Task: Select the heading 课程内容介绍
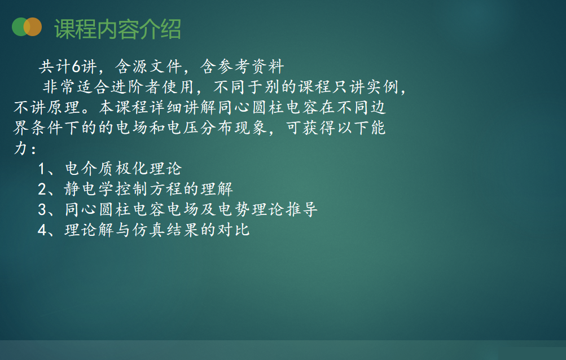[x=118, y=29]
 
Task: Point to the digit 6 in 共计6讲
[x=76, y=67]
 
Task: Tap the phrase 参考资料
[x=242, y=67]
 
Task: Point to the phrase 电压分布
[x=200, y=128]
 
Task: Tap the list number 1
[x=42, y=169]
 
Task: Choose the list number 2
[x=42, y=189]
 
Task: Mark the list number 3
[x=42, y=210]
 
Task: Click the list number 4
[x=42, y=230]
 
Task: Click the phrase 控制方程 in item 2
[x=148, y=189]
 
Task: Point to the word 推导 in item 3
[x=302, y=210]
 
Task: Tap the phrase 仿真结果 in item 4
[x=166, y=230]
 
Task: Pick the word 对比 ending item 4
[x=234, y=230]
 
